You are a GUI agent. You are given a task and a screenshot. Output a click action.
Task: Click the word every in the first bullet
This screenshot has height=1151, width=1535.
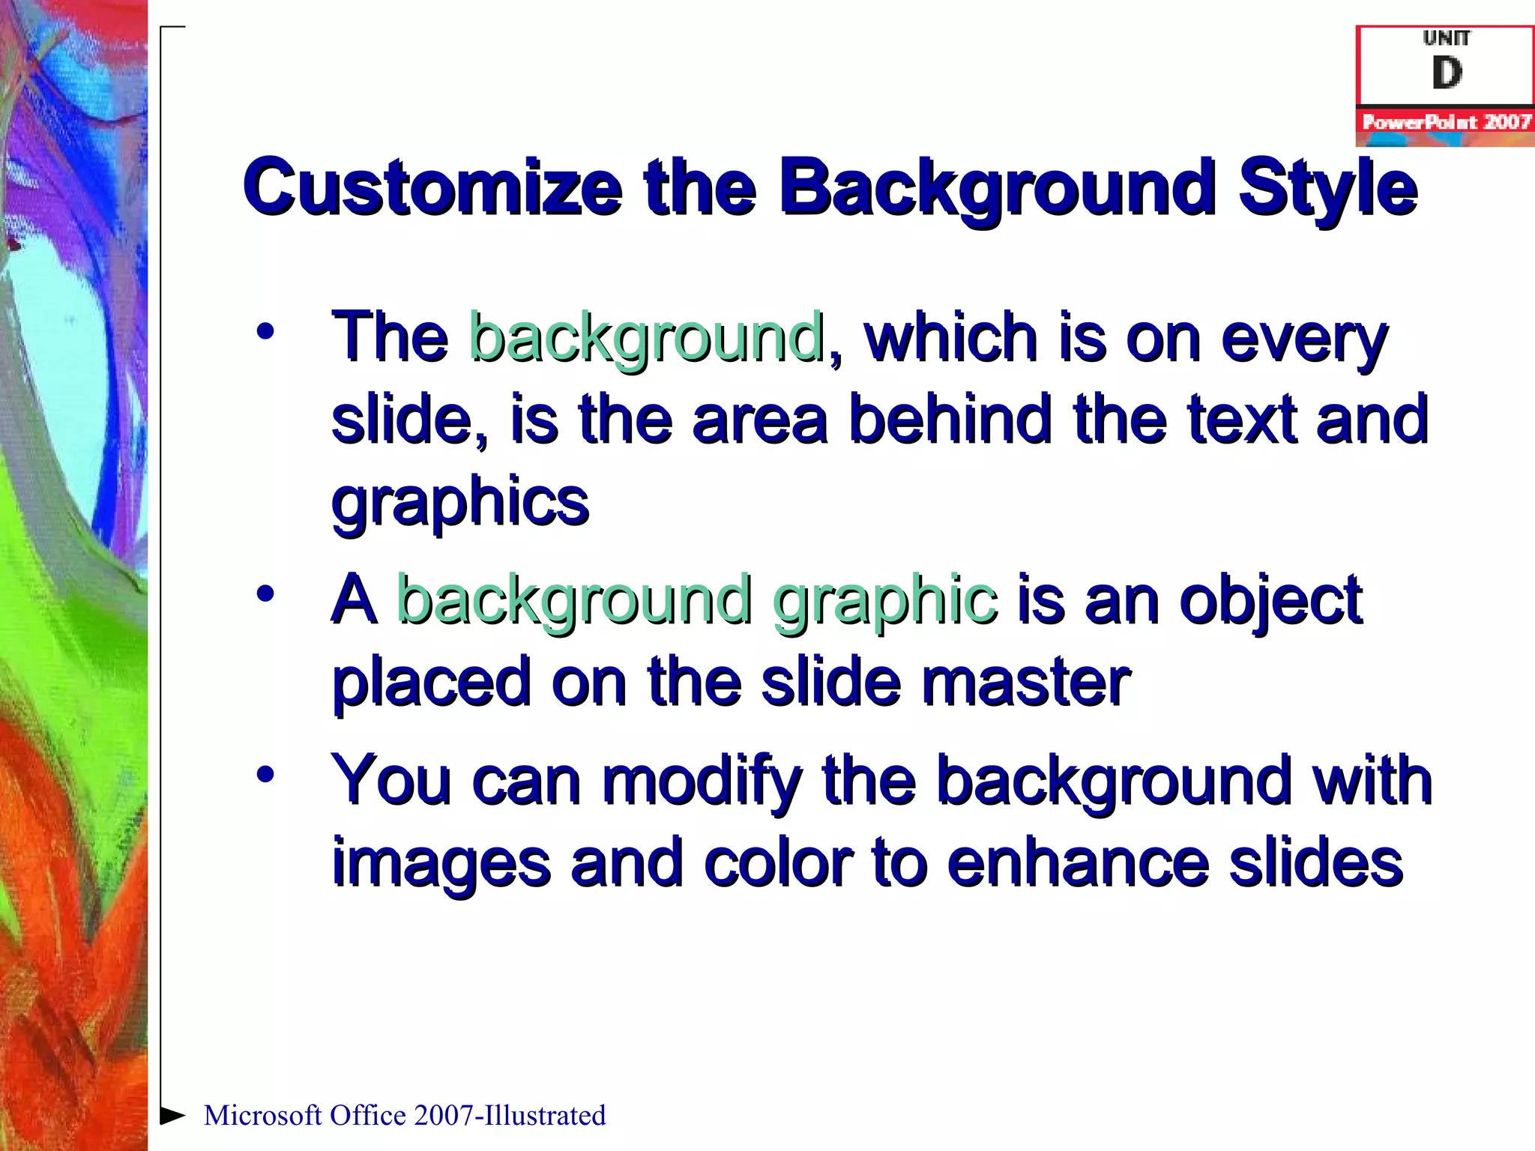point(1304,339)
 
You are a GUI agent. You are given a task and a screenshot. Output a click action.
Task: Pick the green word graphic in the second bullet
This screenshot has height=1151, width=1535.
point(884,599)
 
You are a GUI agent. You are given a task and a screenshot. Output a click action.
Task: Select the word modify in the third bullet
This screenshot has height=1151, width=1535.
point(702,782)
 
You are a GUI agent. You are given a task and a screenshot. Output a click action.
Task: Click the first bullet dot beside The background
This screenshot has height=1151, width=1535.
point(265,331)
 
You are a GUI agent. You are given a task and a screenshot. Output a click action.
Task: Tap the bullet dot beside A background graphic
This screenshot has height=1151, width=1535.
point(265,594)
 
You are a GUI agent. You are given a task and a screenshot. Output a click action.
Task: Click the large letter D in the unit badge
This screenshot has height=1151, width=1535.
point(1447,73)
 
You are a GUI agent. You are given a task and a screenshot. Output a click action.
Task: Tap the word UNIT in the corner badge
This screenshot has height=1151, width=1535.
point(1447,37)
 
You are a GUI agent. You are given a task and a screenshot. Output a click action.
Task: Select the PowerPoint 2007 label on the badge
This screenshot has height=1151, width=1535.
point(1446,122)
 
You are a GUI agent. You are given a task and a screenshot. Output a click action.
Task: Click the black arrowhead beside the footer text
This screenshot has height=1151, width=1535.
point(173,1115)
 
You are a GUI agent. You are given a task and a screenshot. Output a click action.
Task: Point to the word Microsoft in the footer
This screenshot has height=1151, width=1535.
point(263,1116)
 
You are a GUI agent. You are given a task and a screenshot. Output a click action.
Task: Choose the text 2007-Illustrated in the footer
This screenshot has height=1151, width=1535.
point(510,1116)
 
